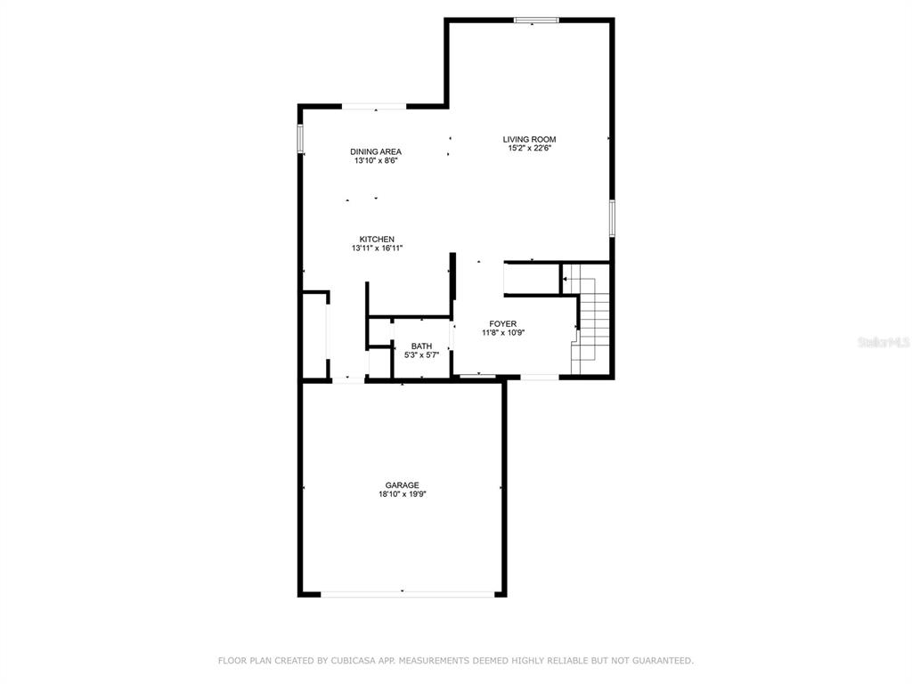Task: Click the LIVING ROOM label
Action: click(529, 139)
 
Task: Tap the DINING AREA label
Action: click(376, 151)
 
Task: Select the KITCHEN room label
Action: click(377, 239)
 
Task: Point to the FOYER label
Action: click(502, 324)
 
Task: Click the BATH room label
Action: click(421, 346)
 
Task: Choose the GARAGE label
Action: click(402, 485)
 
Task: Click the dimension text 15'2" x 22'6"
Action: click(529, 149)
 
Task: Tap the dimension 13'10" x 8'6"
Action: click(376, 160)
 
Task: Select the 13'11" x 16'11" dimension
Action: click(377, 248)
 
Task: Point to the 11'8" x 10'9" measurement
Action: click(503, 333)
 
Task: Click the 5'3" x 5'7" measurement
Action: click(421, 354)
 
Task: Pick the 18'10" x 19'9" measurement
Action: click(402, 494)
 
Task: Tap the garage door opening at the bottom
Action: click(407, 594)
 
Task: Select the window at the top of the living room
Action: click(536, 20)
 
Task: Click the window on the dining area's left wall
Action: click(301, 138)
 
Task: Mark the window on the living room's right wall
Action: click(612, 218)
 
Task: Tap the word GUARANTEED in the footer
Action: click(663, 661)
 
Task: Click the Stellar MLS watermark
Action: click(883, 342)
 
